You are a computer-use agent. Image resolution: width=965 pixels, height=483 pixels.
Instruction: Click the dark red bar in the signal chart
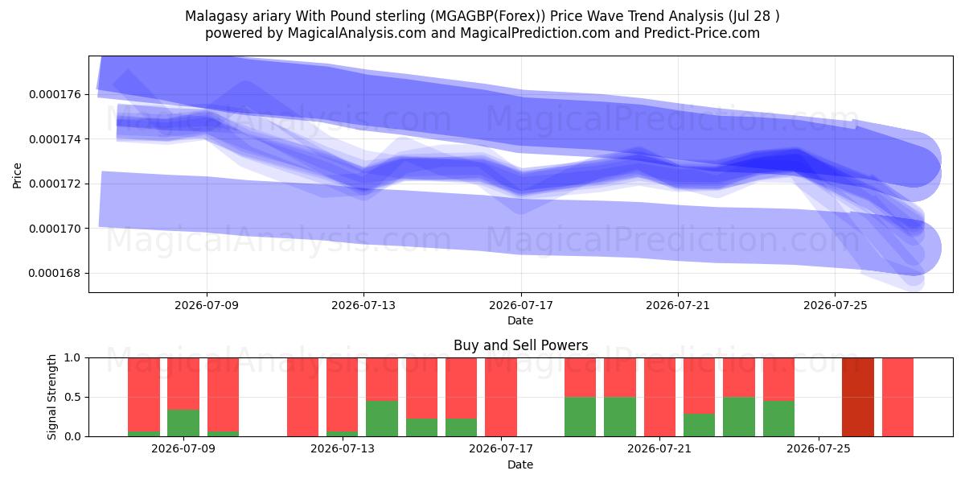coord(858,397)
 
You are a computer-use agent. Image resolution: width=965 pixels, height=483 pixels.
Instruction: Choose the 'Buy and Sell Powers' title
coord(520,345)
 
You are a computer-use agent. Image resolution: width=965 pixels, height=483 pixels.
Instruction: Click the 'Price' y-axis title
coord(17,175)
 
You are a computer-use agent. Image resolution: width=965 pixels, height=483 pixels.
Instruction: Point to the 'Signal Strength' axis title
coord(52,397)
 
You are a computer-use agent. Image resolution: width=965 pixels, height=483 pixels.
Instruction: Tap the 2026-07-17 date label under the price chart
coord(521,305)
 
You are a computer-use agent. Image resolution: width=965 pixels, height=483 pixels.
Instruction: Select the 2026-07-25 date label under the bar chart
coord(819,449)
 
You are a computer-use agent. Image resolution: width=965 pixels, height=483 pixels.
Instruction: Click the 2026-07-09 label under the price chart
coord(207,305)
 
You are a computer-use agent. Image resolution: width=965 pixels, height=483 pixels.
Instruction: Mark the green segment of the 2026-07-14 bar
coord(382,419)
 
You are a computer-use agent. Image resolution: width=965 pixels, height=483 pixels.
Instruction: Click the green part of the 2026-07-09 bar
coord(183,423)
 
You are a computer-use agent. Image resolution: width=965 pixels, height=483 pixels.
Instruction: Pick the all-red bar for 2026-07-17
coord(500,397)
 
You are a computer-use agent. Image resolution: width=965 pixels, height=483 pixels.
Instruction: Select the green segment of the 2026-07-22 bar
coord(699,425)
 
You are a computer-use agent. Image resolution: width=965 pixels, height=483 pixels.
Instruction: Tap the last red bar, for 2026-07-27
coord(897,397)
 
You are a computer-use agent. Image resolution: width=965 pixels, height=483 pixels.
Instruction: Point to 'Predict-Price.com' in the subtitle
coord(702,33)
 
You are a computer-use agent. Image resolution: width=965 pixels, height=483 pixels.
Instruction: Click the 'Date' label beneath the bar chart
coord(520,465)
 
